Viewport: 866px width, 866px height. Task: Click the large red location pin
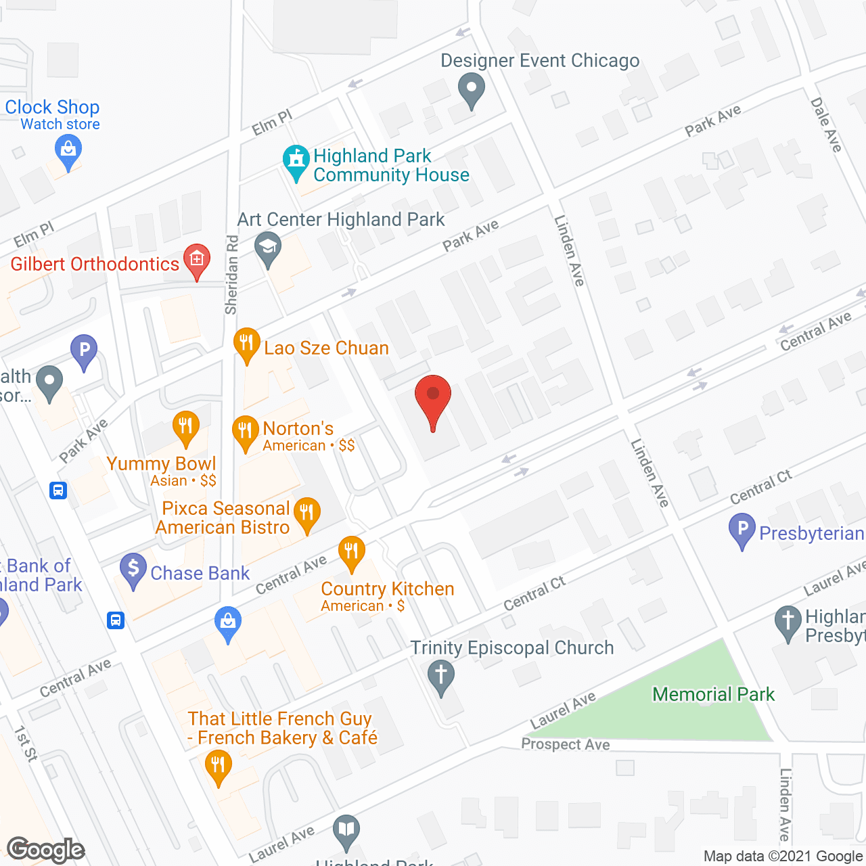432,397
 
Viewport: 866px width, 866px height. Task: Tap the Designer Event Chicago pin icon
471,89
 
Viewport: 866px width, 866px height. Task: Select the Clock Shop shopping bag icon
68,150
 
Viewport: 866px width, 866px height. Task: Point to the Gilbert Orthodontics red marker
197,259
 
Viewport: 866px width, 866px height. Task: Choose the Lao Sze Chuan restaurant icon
247,343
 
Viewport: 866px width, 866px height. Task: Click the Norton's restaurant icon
245,430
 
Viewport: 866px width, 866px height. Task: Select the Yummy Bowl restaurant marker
186,426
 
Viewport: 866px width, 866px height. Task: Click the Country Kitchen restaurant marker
351,551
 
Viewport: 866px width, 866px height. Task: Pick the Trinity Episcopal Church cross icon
441,675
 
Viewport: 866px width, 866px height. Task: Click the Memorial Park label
713,694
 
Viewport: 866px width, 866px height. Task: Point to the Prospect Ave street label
566,744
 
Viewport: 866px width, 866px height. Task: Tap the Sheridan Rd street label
231,275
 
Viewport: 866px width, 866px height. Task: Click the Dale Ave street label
826,125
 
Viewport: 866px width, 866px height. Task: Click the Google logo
46,850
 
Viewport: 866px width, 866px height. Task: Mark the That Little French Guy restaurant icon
218,767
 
